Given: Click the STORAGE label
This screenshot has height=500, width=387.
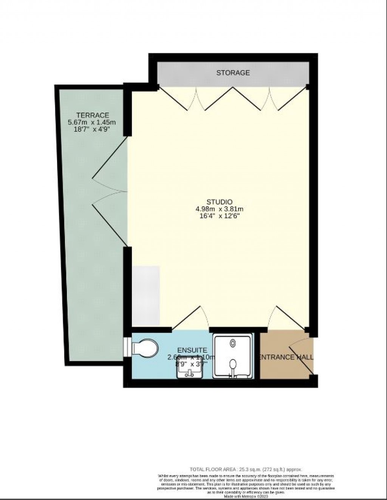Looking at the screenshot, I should click(x=233, y=73).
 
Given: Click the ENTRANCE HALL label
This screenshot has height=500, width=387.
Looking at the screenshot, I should click(x=286, y=357).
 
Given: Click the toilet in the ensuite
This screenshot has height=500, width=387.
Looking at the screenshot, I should click(x=143, y=347).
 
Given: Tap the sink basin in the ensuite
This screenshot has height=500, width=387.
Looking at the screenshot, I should click(x=189, y=372).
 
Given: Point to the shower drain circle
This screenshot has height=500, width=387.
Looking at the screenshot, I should click(x=233, y=343).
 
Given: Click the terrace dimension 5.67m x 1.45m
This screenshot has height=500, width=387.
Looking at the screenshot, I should click(x=91, y=122).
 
